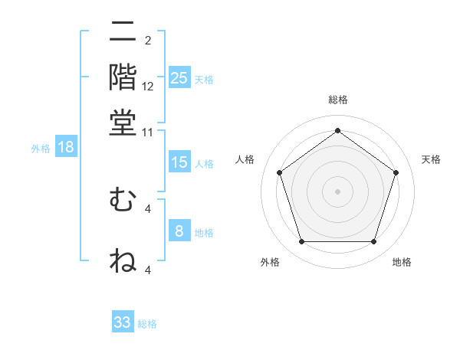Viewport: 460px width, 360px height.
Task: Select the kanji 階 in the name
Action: pyautogui.click(x=123, y=77)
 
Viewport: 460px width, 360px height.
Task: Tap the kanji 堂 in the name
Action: pyautogui.click(x=123, y=123)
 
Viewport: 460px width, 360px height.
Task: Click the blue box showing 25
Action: pyautogui.click(x=179, y=78)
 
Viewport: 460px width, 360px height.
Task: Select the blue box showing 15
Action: pyautogui.click(x=179, y=162)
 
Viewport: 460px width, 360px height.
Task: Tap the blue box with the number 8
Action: pyautogui.click(x=179, y=231)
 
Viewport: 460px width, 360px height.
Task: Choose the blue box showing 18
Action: pyautogui.click(x=66, y=148)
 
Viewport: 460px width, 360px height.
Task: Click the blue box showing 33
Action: pyautogui.click(x=123, y=322)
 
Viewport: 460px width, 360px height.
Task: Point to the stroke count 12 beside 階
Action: pyautogui.click(x=148, y=87)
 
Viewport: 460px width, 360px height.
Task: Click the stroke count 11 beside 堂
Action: pyautogui.click(x=148, y=133)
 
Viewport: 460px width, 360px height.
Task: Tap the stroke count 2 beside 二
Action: pyautogui.click(x=148, y=41)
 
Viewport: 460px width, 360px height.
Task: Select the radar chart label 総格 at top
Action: pyautogui.click(x=337, y=100)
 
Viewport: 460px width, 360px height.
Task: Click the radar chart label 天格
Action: pyautogui.click(x=431, y=159)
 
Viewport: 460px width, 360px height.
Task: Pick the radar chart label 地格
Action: pyautogui.click(x=402, y=263)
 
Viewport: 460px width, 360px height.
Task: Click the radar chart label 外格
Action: pyautogui.click(x=270, y=263)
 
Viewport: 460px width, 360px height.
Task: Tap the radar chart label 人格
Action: pyautogui.click(x=245, y=159)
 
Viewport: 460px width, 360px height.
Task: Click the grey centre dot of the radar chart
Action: pyautogui.click(x=337, y=191)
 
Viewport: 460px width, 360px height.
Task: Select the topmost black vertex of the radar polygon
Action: pyautogui.click(x=337, y=131)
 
